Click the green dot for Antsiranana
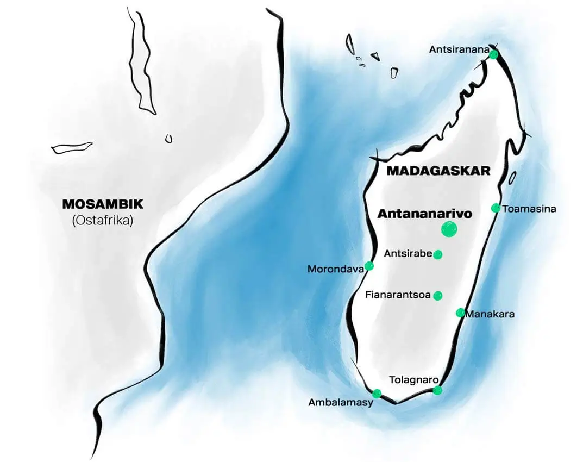point(493,54)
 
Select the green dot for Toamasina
point(496,208)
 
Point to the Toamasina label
point(529,209)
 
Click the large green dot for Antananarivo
point(449,229)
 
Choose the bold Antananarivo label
point(424,214)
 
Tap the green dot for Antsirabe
point(438,254)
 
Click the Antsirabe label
point(408,253)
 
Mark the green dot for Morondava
point(369,266)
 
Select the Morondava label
point(335,269)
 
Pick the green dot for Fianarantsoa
point(438,296)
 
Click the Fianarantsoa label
point(398,296)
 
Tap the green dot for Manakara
point(460,313)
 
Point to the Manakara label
point(491,314)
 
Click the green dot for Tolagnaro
point(437,390)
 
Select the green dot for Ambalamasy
point(377,394)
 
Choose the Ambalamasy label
point(341,403)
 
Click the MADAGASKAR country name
point(438,171)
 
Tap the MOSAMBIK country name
point(103,205)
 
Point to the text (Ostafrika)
point(103,221)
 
